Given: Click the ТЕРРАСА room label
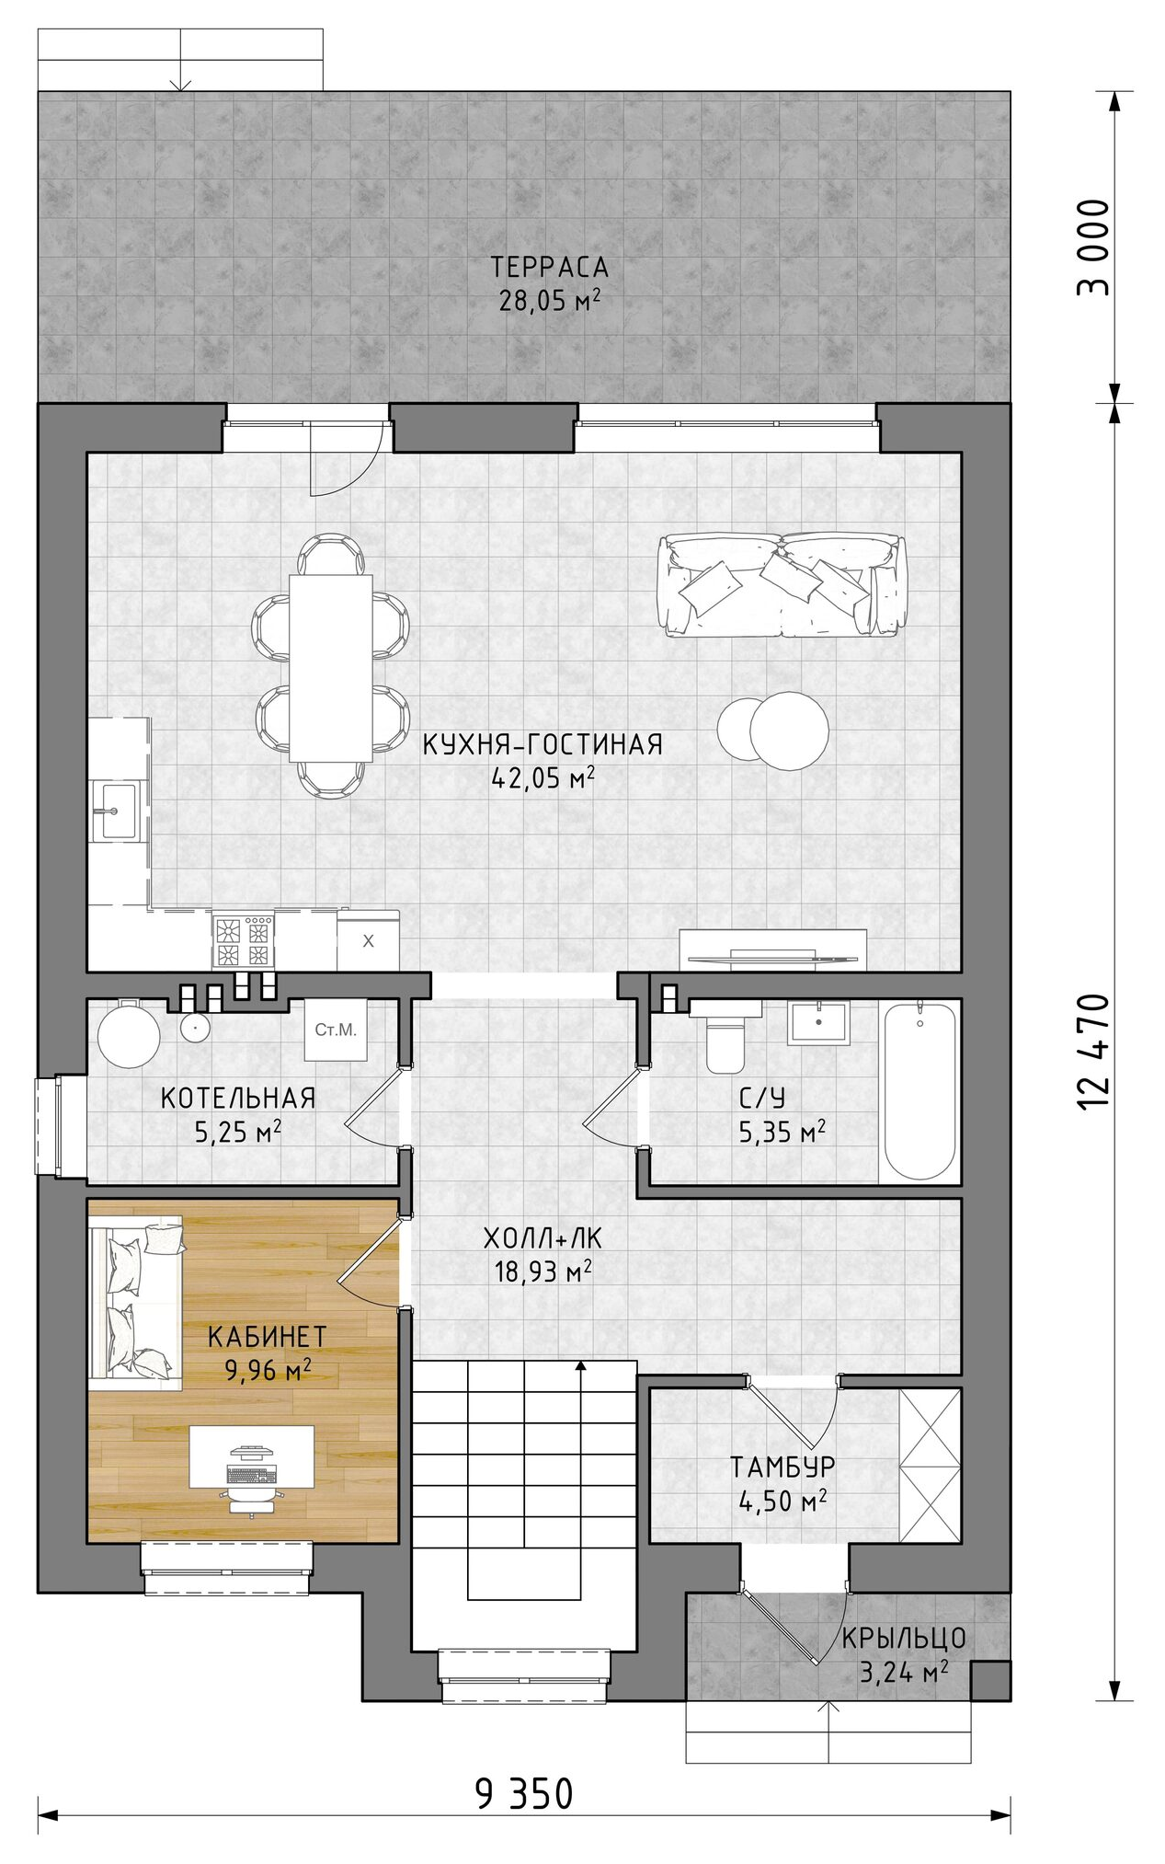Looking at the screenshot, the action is point(549,267).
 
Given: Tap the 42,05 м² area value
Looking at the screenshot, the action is point(543,778).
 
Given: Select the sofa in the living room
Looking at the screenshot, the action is point(782,584).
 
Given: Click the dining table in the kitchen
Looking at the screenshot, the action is point(330,667).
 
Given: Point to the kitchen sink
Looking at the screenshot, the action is point(119,811).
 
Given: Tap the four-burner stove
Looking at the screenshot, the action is point(243,941).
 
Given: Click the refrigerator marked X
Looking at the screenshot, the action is point(368,941).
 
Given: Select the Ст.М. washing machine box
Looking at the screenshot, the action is point(336,1030).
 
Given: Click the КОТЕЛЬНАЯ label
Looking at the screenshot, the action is point(238,1098).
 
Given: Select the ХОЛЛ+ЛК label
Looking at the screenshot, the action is point(543,1239).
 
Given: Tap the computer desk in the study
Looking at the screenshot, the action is point(251,1456).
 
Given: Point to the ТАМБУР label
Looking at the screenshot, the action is point(782,1466).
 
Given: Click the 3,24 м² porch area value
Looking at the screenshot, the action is point(904,1671).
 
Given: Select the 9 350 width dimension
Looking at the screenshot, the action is point(524,1793).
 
